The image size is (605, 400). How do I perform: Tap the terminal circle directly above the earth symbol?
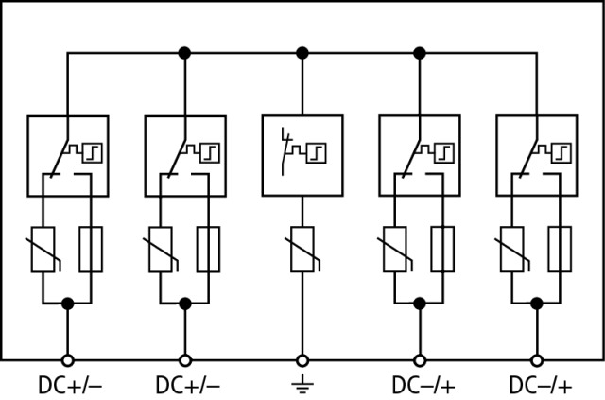click(302, 359)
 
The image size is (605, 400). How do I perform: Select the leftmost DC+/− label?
click(69, 386)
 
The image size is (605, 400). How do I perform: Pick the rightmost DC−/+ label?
click(540, 386)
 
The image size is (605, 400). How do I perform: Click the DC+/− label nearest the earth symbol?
click(186, 386)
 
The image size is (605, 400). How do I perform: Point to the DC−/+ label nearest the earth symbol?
click(423, 386)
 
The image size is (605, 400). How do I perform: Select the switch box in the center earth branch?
click(302, 155)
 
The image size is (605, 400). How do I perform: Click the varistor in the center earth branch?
click(302, 249)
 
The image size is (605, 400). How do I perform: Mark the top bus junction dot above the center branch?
click(302, 52)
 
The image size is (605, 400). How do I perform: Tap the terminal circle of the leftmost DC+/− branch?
click(67, 359)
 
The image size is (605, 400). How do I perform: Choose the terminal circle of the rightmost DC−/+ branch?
click(537, 359)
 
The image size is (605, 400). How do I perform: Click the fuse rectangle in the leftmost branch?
click(91, 249)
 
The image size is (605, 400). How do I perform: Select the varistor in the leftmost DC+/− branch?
click(43, 249)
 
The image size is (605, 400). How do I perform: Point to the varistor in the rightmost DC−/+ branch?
click(512, 249)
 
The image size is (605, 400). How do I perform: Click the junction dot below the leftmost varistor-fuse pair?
click(67, 304)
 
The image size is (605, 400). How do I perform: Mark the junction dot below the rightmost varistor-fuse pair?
click(537, 304)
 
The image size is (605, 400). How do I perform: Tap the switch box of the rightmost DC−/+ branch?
click(536, 155)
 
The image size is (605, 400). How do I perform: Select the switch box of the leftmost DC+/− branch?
click(67, 155)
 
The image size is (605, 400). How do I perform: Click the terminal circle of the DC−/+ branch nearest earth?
click(420, 359)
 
